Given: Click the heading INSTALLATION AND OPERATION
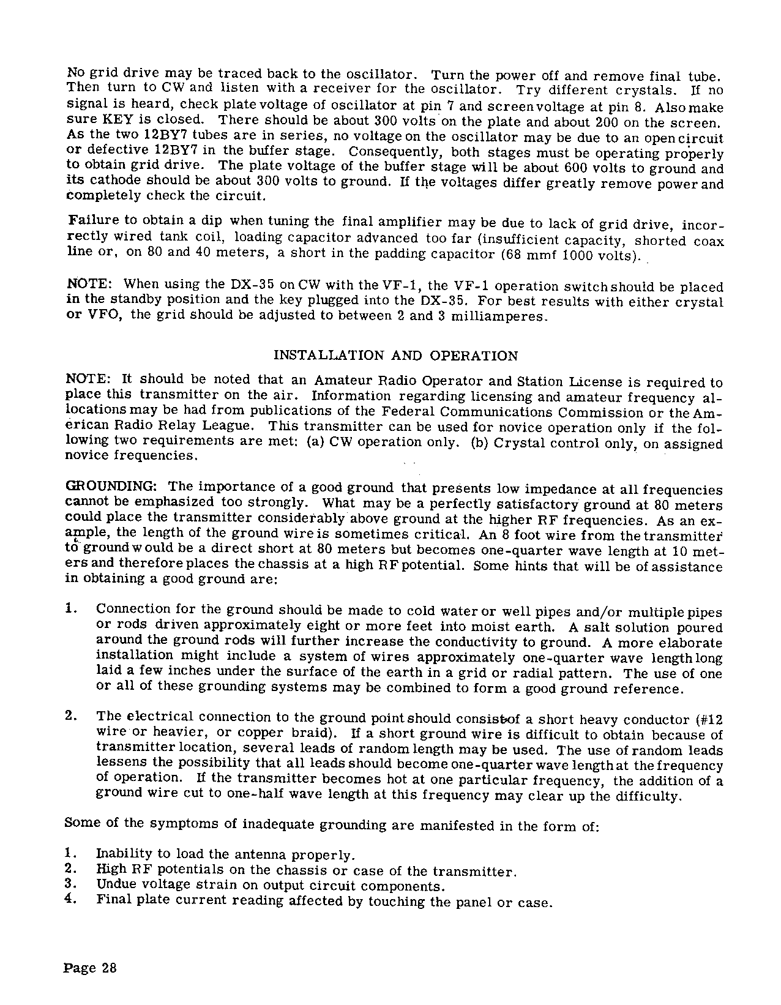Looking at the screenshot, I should coord(395,356).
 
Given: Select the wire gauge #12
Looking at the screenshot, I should coord(709,720).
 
